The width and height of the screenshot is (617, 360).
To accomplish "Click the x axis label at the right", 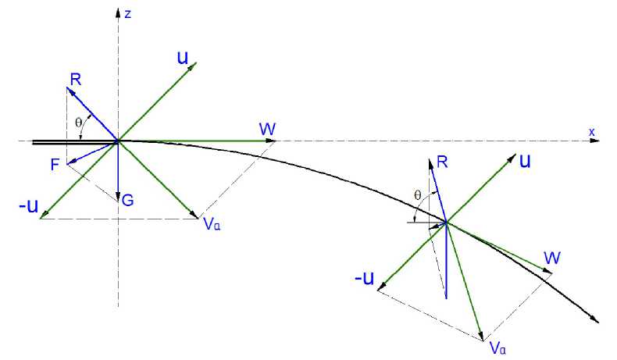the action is (592, 133).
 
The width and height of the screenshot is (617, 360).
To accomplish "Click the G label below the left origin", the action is (127, 201).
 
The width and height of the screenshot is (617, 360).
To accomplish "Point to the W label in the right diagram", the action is (553, 258).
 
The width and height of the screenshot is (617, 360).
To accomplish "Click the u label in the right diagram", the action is (526, 161).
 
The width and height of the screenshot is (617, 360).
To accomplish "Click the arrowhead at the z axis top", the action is (118, 13).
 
